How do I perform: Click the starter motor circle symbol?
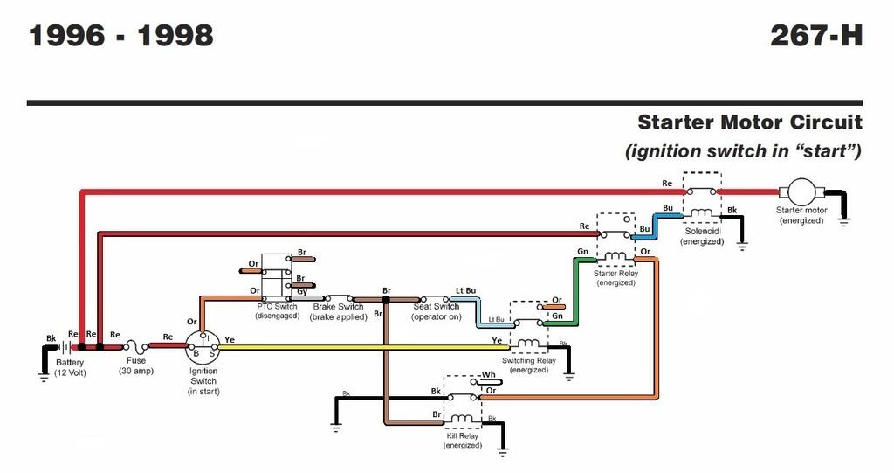click(x=801, y=191)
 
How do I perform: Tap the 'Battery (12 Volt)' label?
click(x=70, y=367)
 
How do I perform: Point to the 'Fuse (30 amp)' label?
click(x=135, y=366)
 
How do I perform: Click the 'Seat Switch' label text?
click(x=436, y=307)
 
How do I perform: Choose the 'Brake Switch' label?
click(x=338, y=307)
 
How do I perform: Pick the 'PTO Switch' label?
click(x=278, y=307)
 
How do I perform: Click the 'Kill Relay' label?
click(x=462, y=435)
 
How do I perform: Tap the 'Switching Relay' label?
click(x=529, y=360)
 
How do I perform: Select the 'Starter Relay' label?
click(x=615, y=274)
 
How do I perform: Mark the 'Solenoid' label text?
click(x=702, y=232)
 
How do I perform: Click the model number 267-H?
click(x=815, y=36)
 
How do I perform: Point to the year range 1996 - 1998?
click(x=121, y=36)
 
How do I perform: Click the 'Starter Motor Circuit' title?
click(x=749, y=122)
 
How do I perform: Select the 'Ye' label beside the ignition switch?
click(x=230, y=338)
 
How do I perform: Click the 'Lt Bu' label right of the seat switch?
click(x=465, y=291)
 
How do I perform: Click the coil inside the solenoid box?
click(x=701, y=212)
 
